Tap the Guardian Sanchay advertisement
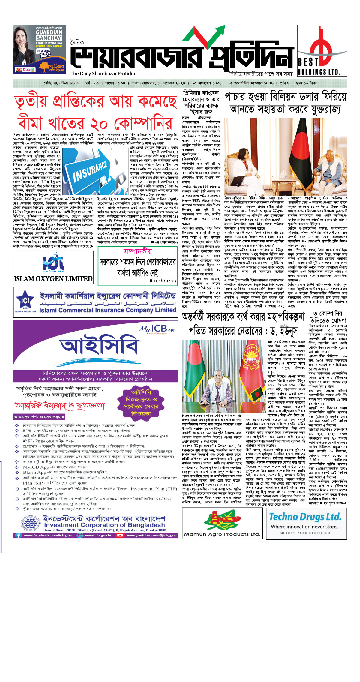coord(39,49)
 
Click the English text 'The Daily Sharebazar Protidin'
coord(103,74)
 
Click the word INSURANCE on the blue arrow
coord(90,171)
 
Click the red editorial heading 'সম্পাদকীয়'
coord(138,251)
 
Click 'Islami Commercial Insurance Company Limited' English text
coord(108,310)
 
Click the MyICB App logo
coord(157,329)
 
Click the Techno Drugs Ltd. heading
coord(305,517)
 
